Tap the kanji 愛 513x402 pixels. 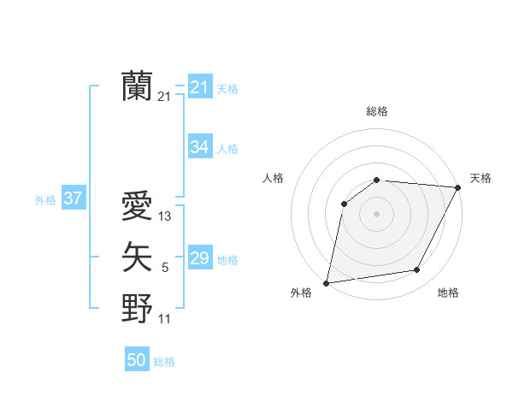click(137, 206)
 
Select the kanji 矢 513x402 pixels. click(137, 257)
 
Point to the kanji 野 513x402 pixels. click(137, 309)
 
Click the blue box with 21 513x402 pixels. click(199, 87)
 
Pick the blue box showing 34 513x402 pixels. click(199, 147)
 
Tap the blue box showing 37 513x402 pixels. click(73, 199)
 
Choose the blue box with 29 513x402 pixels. click(199, 258)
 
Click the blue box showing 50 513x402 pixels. click(137, 360)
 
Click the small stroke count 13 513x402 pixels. click(165, 217)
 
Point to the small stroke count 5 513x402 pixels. click(165, 269)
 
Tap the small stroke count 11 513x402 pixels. click(165, 320)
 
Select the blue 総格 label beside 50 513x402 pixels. click(164, 362)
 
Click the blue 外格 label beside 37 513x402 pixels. click(45, 200)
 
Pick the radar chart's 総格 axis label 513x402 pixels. click(377, 111)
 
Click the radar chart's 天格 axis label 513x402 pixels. click(481, 178)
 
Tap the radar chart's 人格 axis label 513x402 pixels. click(273, 178)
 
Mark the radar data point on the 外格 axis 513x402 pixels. click(327, 282)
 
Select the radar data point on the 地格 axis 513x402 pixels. click(417, 270)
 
